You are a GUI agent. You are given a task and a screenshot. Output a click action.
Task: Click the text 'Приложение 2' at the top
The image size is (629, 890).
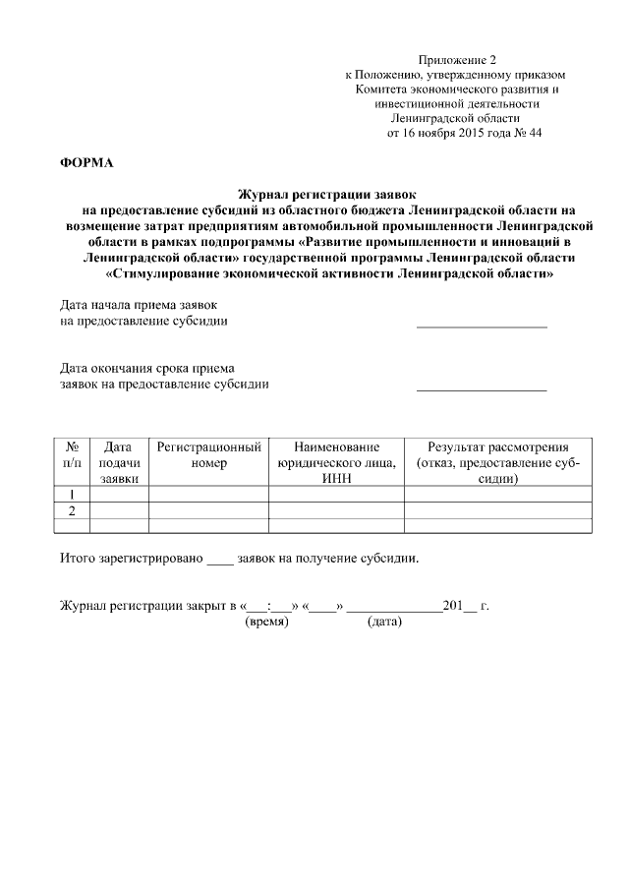tap(456, 60)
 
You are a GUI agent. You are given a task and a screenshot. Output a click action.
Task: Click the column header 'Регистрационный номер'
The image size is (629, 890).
tap(208, 453)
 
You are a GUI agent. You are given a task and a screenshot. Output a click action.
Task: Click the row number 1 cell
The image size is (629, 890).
tap(71, 495)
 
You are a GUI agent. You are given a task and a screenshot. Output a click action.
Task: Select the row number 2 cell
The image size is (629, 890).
tap(71, 510)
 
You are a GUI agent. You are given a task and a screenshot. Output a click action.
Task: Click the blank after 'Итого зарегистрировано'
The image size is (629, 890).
tap(220, 560)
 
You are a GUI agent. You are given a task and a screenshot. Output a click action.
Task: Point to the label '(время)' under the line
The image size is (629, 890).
tap(267, 622)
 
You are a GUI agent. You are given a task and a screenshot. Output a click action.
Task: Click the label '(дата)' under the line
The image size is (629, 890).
tap(384, 622)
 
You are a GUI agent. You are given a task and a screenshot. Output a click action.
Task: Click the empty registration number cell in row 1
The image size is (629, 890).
tap(208, 495)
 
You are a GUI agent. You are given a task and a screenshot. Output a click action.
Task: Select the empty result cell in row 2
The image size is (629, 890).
tap(497, 510)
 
